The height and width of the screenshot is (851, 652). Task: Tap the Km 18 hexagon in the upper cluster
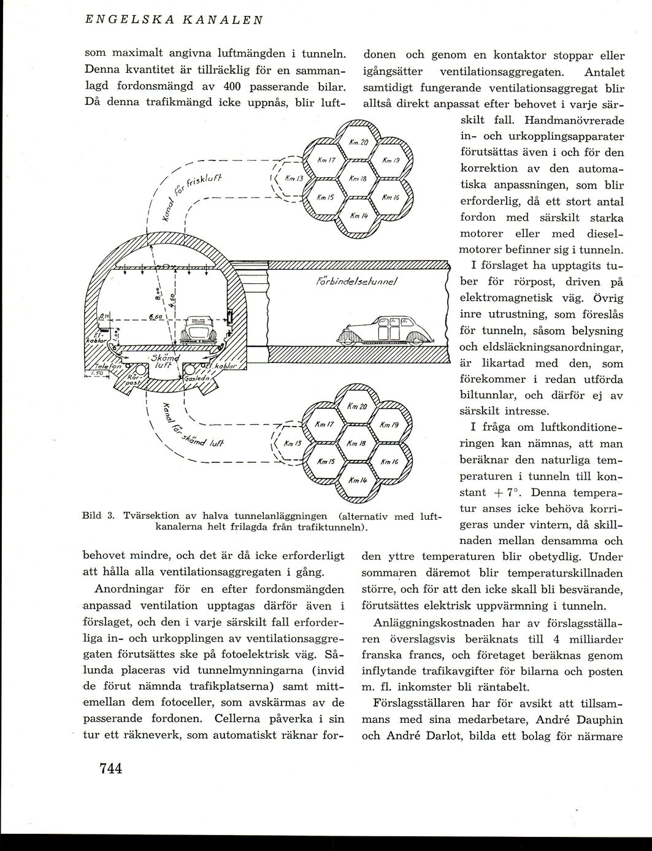click(357, 178)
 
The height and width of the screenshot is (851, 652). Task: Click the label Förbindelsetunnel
click(357, 283)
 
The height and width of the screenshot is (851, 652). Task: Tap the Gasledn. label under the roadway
click(196, 379)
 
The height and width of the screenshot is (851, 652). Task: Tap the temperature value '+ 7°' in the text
click(505, 492)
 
